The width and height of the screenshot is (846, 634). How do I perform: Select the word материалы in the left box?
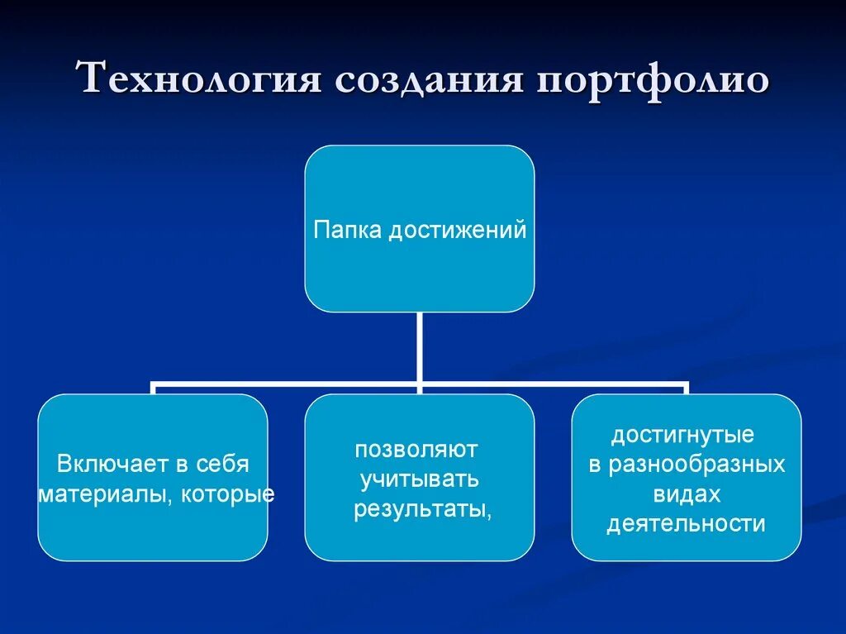(102, 494)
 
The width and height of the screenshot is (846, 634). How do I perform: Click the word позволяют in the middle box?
(416, 450)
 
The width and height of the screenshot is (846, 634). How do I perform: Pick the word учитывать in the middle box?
(417, 479)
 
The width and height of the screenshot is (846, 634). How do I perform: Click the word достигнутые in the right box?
(682, 435)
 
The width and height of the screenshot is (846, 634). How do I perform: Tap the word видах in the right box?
(687, 494)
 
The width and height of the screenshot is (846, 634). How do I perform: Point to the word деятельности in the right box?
(686, 524)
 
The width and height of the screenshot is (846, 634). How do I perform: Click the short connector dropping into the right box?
(686, 390)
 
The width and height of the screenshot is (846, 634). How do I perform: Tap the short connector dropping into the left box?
(153, 390)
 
